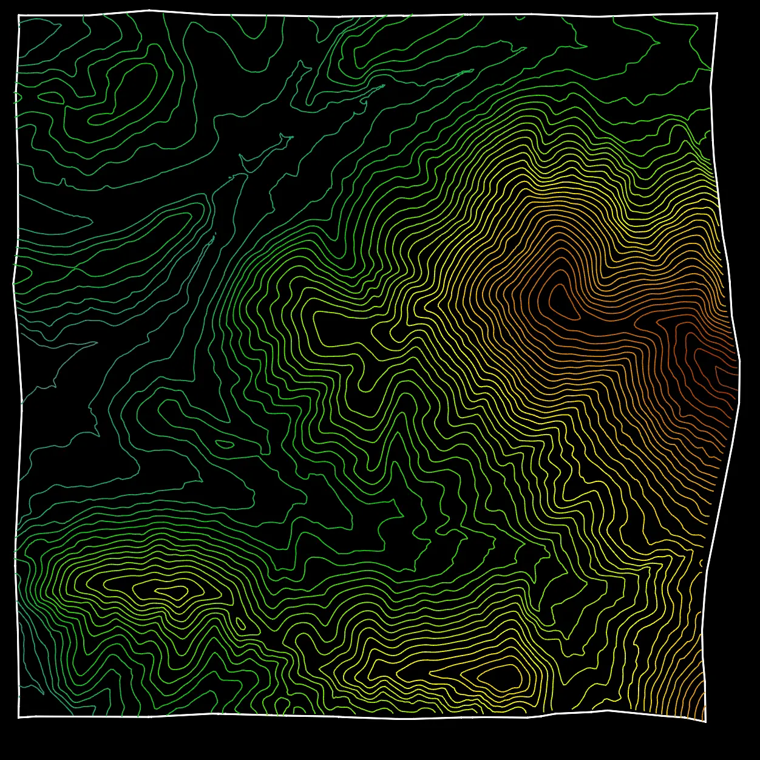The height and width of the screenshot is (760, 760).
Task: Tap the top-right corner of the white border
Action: tap(717, 13)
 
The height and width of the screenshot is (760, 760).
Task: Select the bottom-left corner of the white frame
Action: tap(19, 717)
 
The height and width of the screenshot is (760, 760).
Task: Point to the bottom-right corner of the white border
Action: tap(705, 721)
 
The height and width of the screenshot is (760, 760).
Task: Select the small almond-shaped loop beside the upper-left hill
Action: tap(50, 97)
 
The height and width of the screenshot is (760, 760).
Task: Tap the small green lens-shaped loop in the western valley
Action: tap(225, 444)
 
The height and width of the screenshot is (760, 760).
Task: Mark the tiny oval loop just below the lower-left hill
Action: tap(240, 624)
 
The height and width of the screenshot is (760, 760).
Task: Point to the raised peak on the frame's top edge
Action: tap(148, 10)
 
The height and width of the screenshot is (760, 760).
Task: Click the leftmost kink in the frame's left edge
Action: tap(13, 281)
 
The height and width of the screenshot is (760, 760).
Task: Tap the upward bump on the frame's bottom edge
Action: tap(607, 710)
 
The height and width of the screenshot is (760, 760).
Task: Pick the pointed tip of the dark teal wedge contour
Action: tap(96, 343)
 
